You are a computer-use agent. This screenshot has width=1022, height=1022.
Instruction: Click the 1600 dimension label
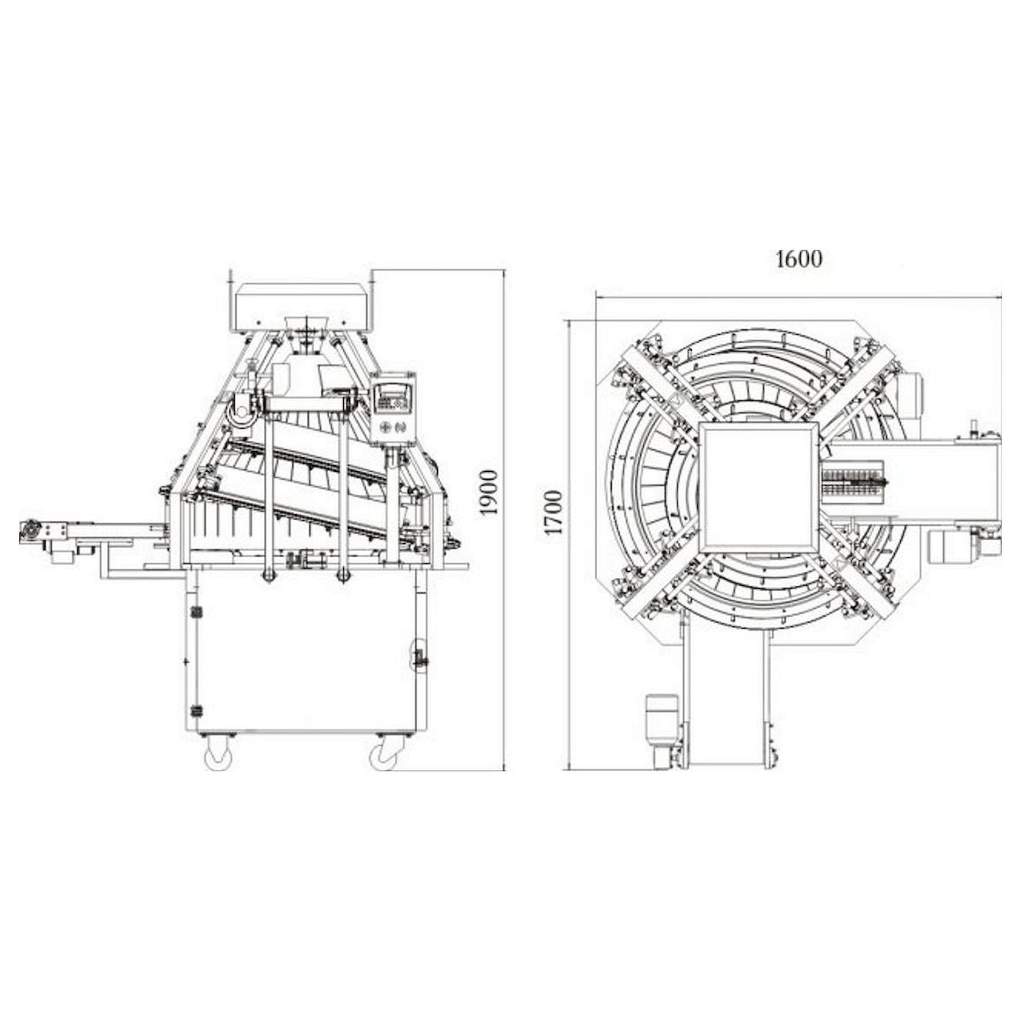799,259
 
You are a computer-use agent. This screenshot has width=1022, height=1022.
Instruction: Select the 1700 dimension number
553,512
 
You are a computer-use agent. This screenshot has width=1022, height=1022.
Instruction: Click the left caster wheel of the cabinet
217,754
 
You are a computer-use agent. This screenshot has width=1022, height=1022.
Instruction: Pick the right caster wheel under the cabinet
383,754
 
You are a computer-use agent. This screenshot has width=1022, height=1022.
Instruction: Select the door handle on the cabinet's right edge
420,659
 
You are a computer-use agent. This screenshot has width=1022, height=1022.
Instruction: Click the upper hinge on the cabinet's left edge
197,613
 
